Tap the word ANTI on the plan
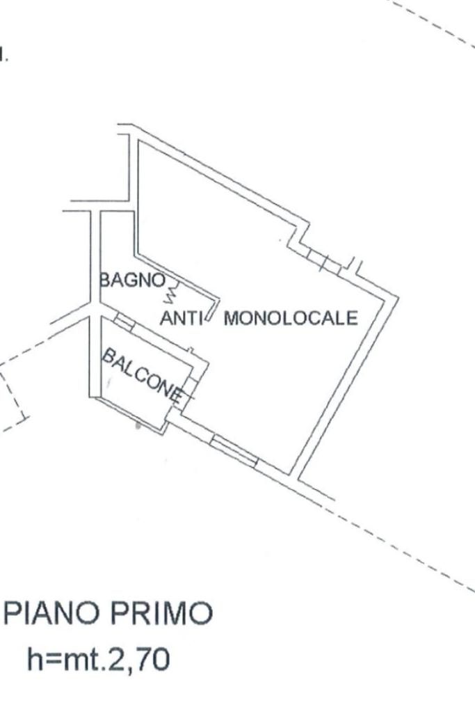(181, 319)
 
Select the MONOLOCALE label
(291, 319)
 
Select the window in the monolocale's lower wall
(234, 450)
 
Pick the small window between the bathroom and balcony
(124, 321)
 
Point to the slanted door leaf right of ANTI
(214, 312)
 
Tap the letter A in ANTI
(166, 319)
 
